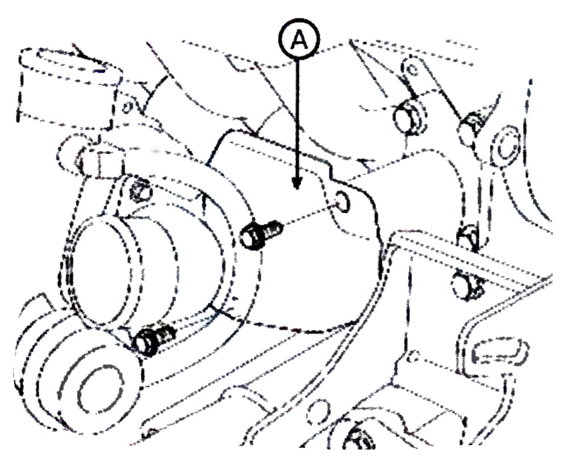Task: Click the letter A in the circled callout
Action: (x=299, y=40)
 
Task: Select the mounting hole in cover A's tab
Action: (x=343, y=201)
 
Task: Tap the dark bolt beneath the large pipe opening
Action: (x=154, y=339)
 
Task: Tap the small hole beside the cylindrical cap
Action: (x=127, y=108)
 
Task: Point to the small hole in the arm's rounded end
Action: (x=412, y=69)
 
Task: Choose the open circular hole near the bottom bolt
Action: (x=319, y=413)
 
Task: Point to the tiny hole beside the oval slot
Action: (x=414, y=357)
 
